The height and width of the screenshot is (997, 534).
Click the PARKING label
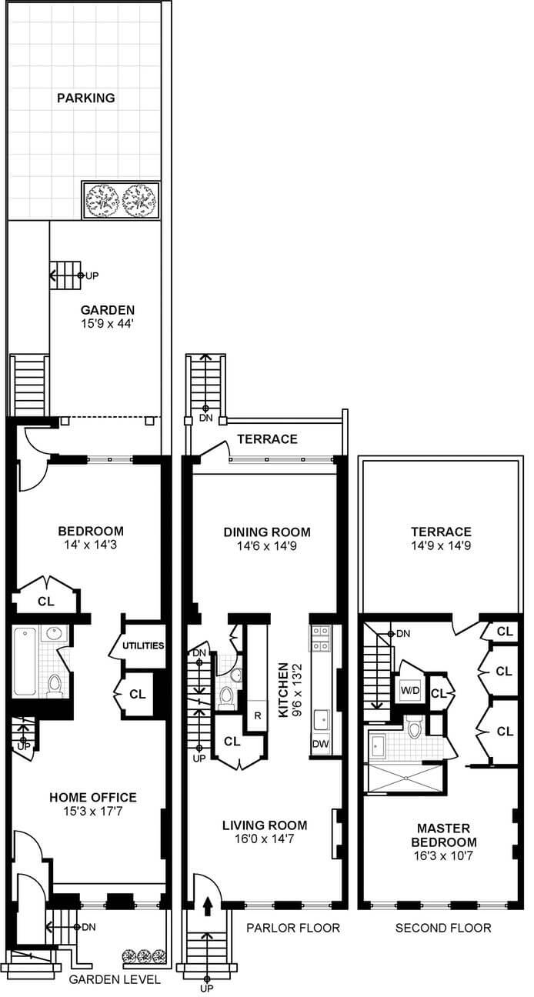point(85,98)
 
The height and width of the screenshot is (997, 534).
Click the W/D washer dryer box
point(409,689)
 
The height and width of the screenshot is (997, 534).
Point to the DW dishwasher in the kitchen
point(321,745)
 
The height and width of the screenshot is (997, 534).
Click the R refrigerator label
point(256,716)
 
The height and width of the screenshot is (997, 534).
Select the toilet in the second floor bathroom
point(415,727)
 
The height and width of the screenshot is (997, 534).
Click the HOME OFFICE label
point(92,797)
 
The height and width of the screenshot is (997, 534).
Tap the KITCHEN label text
point(283,690)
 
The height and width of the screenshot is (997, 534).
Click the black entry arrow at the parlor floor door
point(206,908)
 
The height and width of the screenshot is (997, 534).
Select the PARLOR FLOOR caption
point(292,928)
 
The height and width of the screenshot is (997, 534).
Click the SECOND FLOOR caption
point(442,928)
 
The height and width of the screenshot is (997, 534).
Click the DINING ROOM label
point(267,532)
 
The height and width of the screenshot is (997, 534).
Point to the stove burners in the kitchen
point(320,638)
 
